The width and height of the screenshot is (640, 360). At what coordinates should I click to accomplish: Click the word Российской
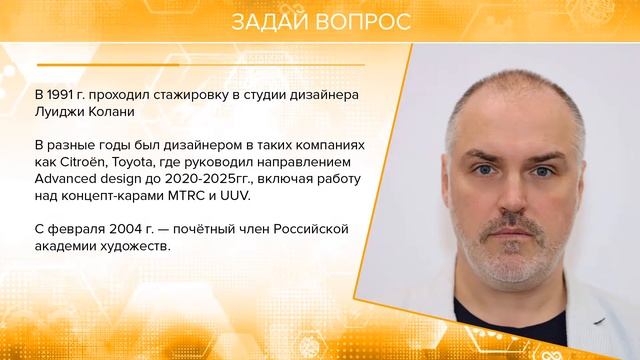[x=311, y=230]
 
